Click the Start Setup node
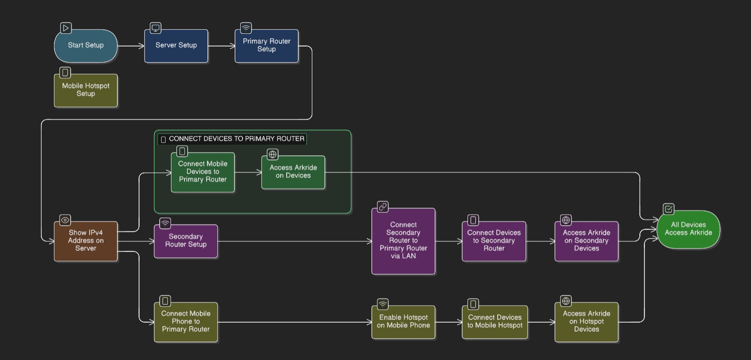tap(85, 45)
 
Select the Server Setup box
tap(176, 45)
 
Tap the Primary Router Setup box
tap(266, 45)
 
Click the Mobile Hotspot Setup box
tap(85, 90)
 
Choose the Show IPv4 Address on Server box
tap(85, 241)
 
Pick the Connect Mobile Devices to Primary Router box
tap(202, 172)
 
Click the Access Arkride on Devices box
tap(293, 172)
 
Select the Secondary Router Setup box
tap(185, 241)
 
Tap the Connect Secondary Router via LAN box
tap(403, 241)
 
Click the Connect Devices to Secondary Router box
tap(494, 241)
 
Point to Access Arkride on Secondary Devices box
tap(586, 241)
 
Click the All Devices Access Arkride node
tap(688, 229)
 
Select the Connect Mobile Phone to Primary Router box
tap(185, 322)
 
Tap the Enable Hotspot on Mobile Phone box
tap(403, 322)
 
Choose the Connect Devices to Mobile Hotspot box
tap(495, 322)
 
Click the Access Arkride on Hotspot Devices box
tap(586, 322)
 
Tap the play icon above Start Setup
tap(66, 28)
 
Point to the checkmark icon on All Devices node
tap(669, 209)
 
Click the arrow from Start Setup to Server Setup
tap(130, 45)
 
